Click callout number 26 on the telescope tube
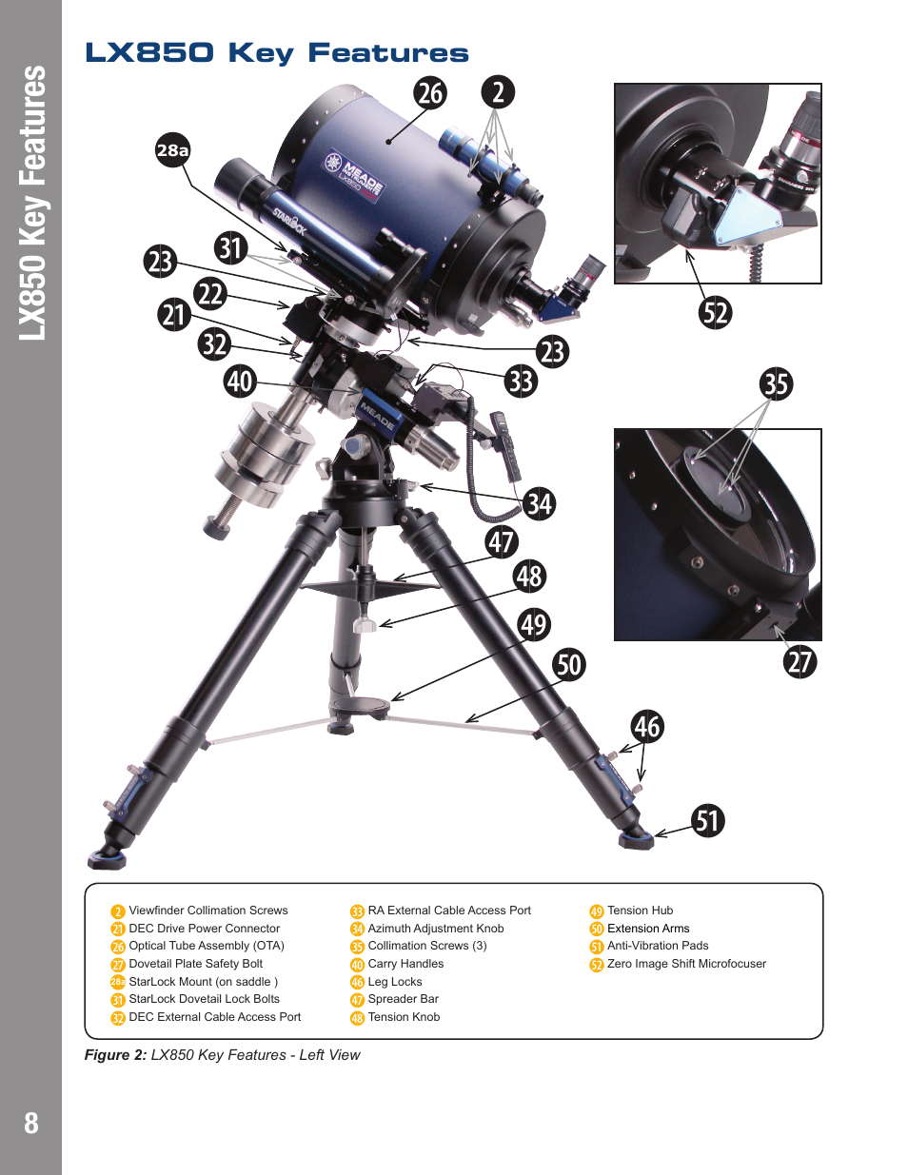(430, 92)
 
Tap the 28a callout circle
(173, 149)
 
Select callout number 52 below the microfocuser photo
(715, 312)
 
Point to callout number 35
(776, 383)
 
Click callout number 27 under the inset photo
(800, 661)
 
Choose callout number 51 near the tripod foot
(707, 820)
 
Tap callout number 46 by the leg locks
(647, 727)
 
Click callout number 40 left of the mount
(240, 382)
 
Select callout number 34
(539, 503)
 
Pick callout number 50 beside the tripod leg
(569, 664)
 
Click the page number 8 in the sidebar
(31, 1123)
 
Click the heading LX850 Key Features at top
(277, 53)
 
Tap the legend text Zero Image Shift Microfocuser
(686, 964)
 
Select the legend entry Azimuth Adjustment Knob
(436, 929)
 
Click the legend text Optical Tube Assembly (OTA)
(207, 946)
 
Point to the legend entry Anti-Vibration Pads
(658, 946)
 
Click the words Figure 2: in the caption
(115, 1055)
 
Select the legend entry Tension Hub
(640, 911)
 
